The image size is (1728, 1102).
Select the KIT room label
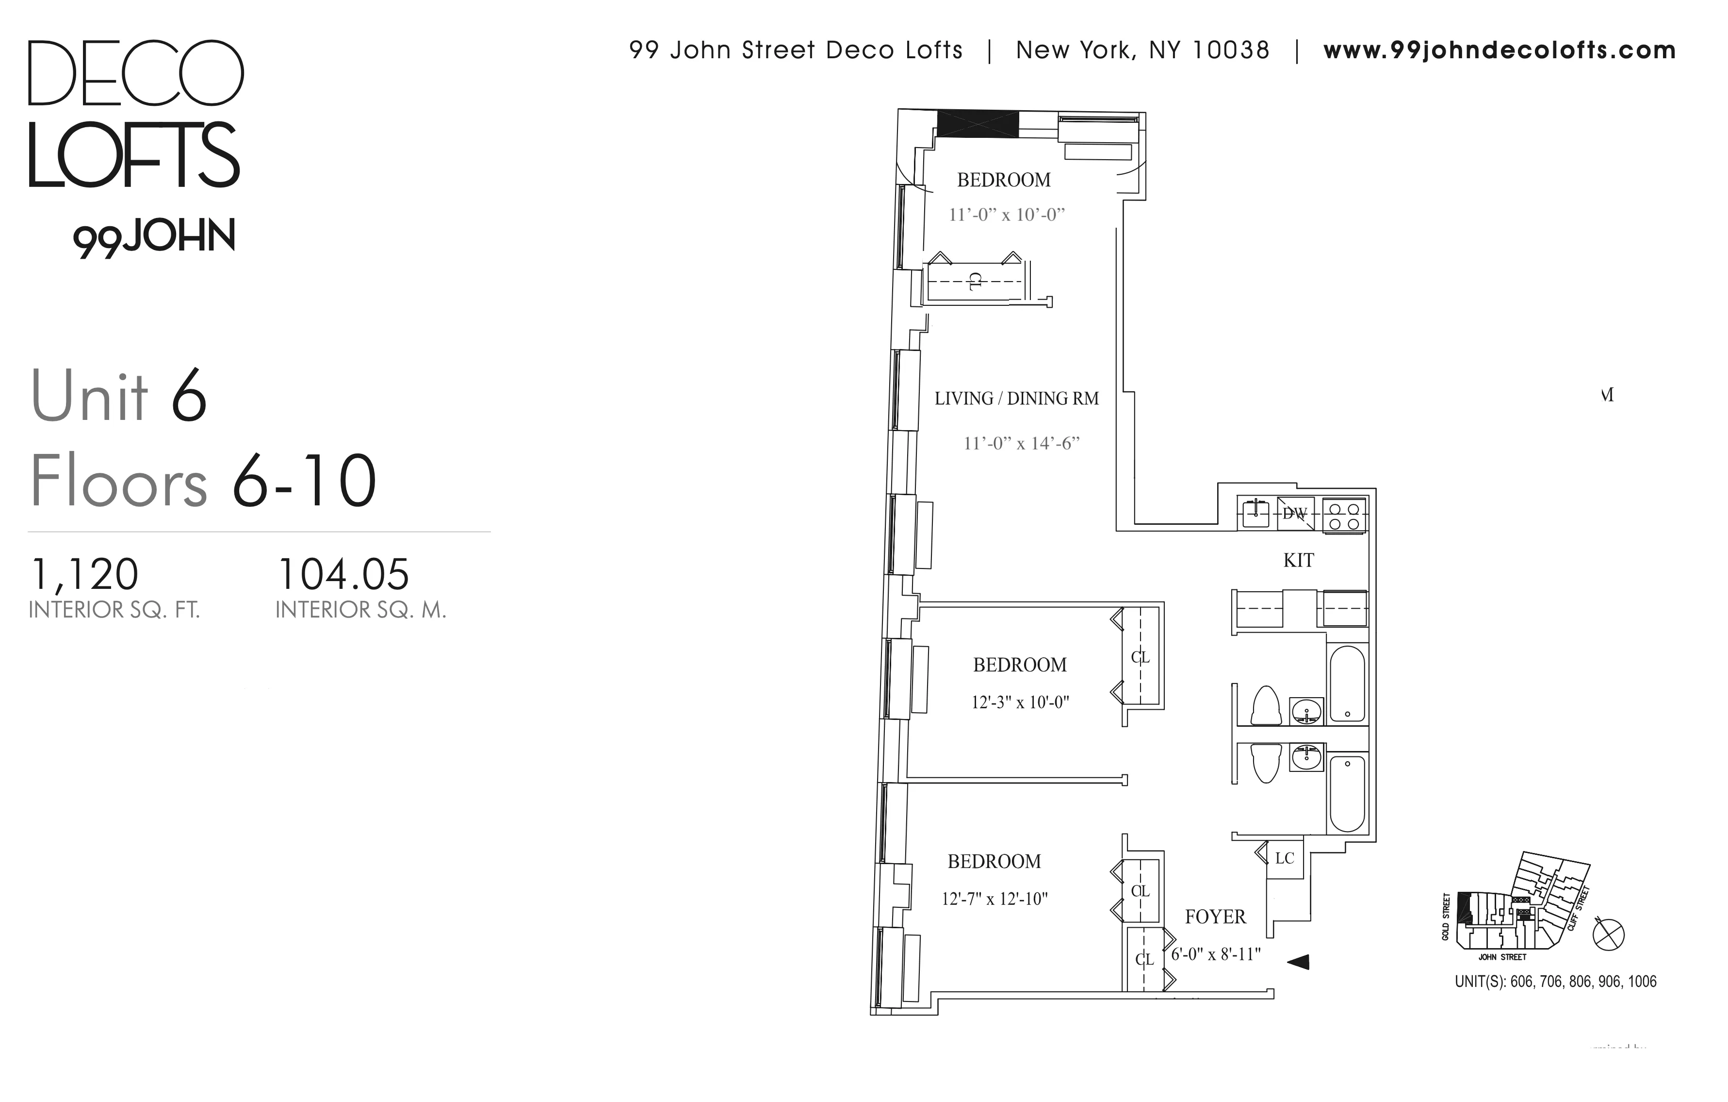click(1298, 560)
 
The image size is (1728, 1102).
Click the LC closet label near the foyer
click(1285, 858)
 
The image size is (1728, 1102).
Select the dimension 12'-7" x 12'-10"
click(994, 899)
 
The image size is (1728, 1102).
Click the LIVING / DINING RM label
click(1016, 399)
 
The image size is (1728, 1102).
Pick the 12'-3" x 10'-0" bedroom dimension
click(1020, 702)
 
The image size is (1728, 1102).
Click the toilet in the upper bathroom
click(1266, 706)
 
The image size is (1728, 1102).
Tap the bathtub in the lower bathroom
click(1347, 793)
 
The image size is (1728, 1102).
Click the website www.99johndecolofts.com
click(1499, 50)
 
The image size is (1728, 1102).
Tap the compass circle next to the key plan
click(1608, 935)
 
